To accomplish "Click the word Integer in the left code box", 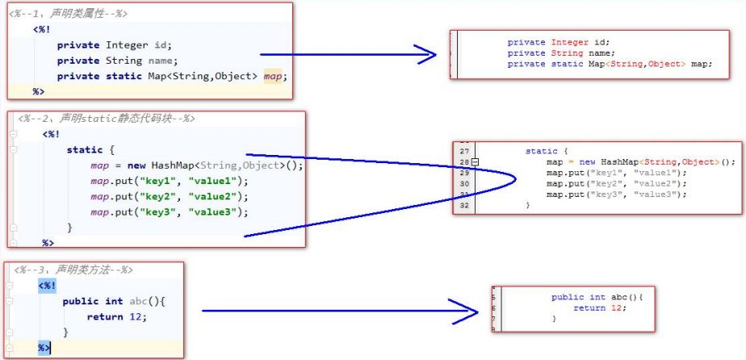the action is pyautogui.click(x=127, y=45).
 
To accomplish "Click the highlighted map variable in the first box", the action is pyautogui.click(x=273, y=77).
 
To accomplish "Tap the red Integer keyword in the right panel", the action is pyautogui.click(x=570, y=42).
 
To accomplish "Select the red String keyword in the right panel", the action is pyautogui.click(x=567, y=53).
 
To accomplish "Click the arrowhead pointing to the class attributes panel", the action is pyautogui.click(x=425, y=55).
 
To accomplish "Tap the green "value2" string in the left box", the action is pyautogui.click(x=212, y=197).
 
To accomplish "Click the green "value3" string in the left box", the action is pyautogui.click(x=212, y=212).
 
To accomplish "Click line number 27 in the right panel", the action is pyautogui.click(x=465, y=151).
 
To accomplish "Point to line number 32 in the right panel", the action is pyautogui.click(x=465, y=206).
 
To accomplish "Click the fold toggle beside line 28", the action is pyautogui.click(x=475, y=162).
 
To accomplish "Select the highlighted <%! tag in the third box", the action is pyautogui.click(x=47, y=287).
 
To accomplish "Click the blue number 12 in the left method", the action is pyautogui.click(x=136, y=316).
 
